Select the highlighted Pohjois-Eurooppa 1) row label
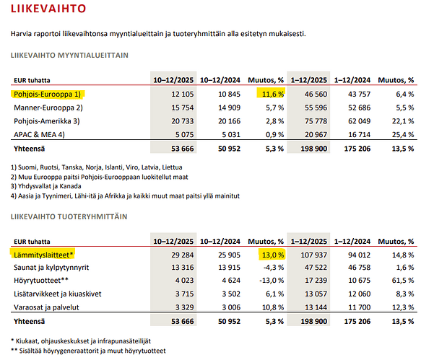[x=47, y=94]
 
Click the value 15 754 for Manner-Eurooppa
[x=165, y=107]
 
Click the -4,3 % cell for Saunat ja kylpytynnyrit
[x=268, y=268]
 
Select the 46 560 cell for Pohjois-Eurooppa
[x=308, y=94]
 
